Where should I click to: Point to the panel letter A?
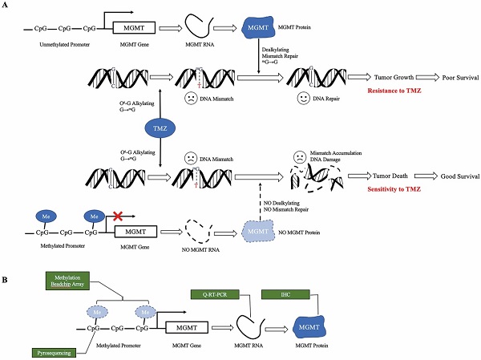pos(6,6)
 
